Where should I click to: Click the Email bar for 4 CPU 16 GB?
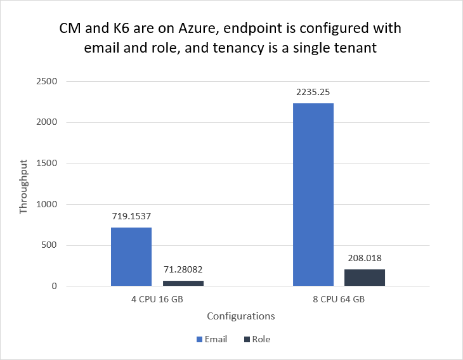click(x=131, y=257)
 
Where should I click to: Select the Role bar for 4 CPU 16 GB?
click(x=183, y=283)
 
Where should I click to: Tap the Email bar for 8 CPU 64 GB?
click(x=313, y=195)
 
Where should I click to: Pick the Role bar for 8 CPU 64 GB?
click(x=365, y=278)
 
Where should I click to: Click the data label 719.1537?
click(x=131, y=216)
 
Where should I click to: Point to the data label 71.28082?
click(x=183, y=269)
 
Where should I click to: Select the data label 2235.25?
click(x=313, y=92)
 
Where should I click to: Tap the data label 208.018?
click(x=365, y=258)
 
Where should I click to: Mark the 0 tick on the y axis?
click(x=55, y=286)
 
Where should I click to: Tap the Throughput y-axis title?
click(x=23, y=184)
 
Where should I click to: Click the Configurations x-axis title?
click(x=240, y=316)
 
